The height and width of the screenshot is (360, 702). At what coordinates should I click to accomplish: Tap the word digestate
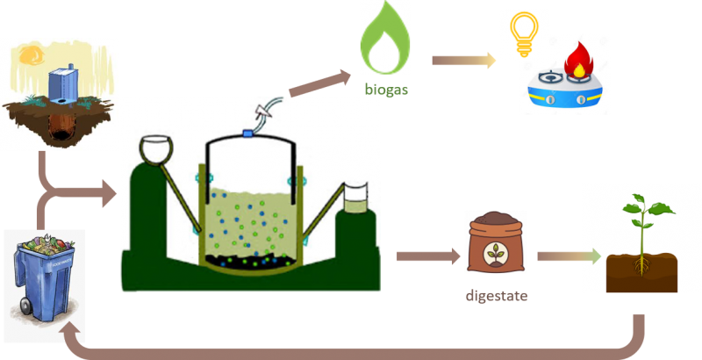coord(495,295)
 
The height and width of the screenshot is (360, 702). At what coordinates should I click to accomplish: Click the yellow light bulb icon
coord(523,33)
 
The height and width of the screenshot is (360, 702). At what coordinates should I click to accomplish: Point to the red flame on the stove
coord(579,64)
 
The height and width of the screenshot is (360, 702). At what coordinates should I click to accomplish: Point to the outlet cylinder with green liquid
coord(358,199)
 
